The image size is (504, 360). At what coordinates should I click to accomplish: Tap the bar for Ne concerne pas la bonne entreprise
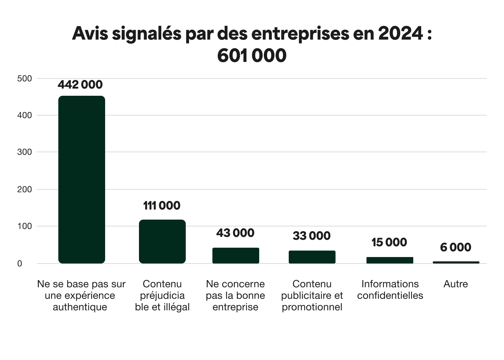pyautogui.click(x=236, y=255)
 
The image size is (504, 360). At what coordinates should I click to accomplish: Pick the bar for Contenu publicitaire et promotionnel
pyautogui.click(x=312, y=257)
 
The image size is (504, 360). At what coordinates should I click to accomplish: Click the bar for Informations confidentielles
pyautogui.click(x=390, y=260)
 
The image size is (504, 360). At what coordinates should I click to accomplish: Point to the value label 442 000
pyautogui.click(x=80, y=85)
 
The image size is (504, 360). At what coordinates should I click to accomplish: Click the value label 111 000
pyautogui.click(x=162, y=206)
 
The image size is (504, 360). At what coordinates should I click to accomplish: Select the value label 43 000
pyautogui.click(x=235, y=233)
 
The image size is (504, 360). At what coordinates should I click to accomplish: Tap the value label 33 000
pyautogui.click(x=312, y=236)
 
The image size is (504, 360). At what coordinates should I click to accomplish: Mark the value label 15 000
pyautogui.click(x=390, y=242)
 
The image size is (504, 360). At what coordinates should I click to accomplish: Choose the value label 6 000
pyautogui.click(x=456, y=247)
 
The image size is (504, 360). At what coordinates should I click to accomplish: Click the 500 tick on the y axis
pyautogui.click(x=24, y=78)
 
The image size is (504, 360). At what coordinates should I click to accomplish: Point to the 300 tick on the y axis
pyautogui.click(x=24, y=152)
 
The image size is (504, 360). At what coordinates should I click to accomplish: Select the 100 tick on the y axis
pyautogui.click(x=24, y=226)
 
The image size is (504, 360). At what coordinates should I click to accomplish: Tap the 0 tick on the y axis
pyautogui.click(x=20, y=264)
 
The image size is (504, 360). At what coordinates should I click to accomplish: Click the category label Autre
pyautogui.click(x=456, y=284)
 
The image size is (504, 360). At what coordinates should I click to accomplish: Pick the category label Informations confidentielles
pyautogui.click(x=390, y=290)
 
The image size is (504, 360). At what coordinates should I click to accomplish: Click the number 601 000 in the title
pyautogui.click(x=252, y=55)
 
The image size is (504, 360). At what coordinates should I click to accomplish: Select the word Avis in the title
pyautogui.click(x=90, y=33)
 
